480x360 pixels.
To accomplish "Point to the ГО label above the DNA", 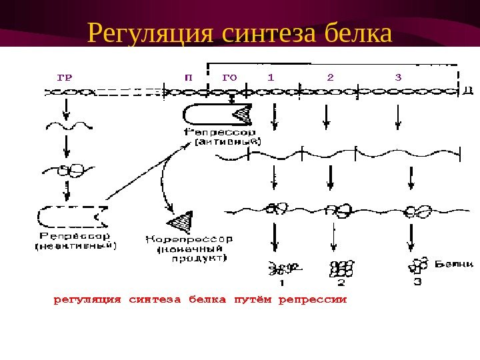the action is [x=229, y=76].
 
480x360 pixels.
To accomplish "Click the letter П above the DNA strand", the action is [x=188, y=76].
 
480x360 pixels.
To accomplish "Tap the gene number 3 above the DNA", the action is [x=398, y=76].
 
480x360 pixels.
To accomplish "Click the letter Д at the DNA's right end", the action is [x=469, y=92].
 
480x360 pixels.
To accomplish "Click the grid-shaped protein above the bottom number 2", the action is [x=341, y=267].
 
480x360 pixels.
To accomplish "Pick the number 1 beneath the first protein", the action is [x=282, y=283].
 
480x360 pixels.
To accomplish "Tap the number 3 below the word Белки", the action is [x=418, y=282].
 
